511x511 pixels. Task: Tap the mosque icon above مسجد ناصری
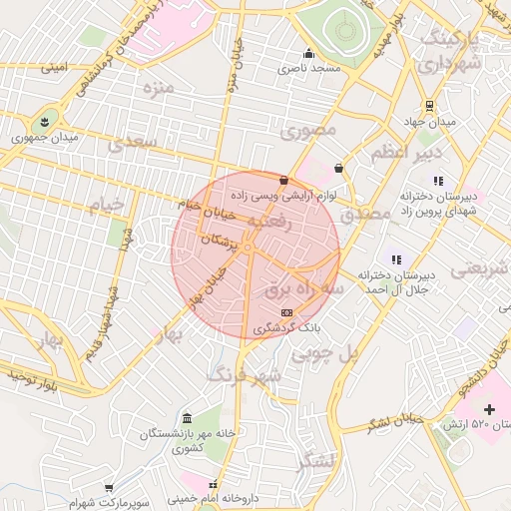[308, 54]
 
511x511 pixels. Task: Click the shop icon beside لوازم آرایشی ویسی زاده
[285, 182]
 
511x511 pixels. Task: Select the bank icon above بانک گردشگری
[287, 313]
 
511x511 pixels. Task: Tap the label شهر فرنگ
[244, 374]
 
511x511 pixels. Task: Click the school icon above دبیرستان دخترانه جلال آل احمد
[395, 259]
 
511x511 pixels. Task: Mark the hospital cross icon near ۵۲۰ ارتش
[489, 409]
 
